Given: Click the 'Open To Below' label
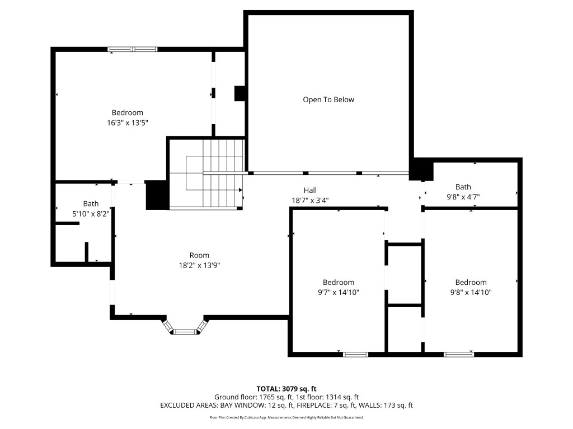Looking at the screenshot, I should coord(328,99).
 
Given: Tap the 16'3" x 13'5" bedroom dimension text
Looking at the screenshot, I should coord(127,122).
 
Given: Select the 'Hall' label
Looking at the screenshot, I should coord(310,190).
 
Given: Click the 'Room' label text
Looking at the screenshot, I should coord(199,255).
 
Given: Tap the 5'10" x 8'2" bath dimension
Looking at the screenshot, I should coord(91,213).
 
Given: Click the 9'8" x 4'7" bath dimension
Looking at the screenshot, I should coord(463,197).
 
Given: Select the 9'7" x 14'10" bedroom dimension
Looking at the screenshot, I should coord(338,292).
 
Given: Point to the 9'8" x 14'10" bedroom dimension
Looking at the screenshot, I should coord(471,292).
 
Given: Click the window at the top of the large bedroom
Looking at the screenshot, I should coord(133,49).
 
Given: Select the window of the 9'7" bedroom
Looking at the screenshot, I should coord(355,354).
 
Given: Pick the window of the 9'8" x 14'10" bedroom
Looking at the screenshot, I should coord(458,354).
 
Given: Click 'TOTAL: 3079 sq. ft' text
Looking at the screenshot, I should coord(286,388).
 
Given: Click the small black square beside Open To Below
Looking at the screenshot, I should coord(240,93).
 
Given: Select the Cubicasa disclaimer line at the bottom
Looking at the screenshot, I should coord(286,417).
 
